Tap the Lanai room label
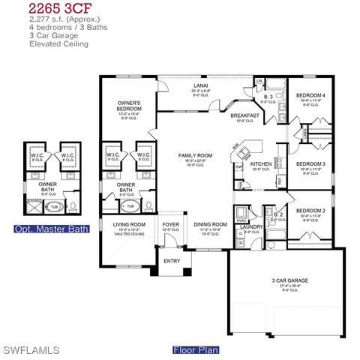(x=200, y=86)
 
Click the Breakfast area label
(x=244, y=115)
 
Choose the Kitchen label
(x=260, y=163)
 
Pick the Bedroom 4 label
(x=310, y=96)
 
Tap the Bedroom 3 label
(x=310, y=163)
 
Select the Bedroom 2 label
(x=310, y=211)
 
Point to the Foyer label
(x=171, y=224)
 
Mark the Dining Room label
(x=210, y=224)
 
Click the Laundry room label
(x=251, y=226)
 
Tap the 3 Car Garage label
(x=289, y=281)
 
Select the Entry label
(x=172, y=261)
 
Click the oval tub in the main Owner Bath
(x=130, y=205)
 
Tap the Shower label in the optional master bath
(x=34, y=200)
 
